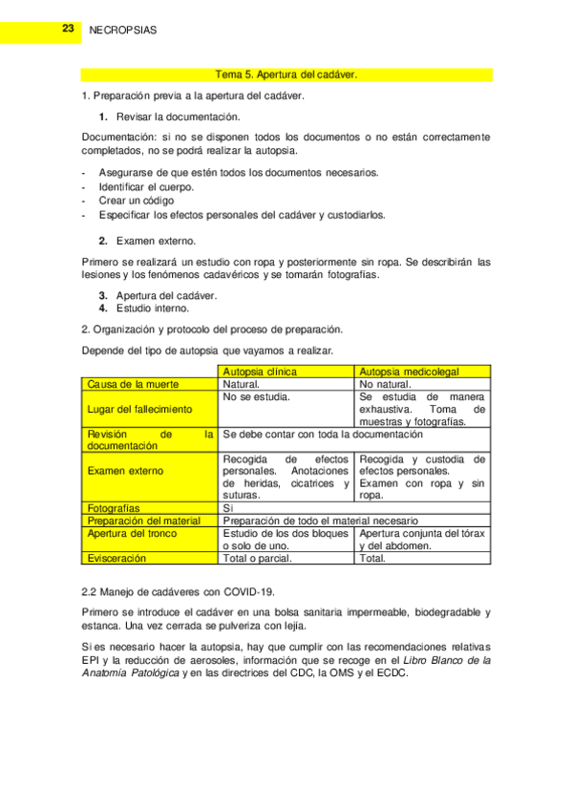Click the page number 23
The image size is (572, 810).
tap(68, 30)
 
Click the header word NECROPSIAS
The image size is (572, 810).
tap(122, 31)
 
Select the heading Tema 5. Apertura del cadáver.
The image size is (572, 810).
tap(286, 75)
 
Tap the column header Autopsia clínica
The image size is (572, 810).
tap(259, 371)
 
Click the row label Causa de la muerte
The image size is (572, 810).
tap(133, 384)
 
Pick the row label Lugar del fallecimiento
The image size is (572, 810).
tap(139, 409)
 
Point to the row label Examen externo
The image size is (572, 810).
tap(125, 471)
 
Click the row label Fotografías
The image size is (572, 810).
tap(114, 508)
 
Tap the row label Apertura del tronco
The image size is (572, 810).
tap(133, 533)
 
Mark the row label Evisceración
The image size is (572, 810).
tap(117, 558)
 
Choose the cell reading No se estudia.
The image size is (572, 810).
tap(256, 395)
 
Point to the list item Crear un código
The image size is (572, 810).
tap(136, 201)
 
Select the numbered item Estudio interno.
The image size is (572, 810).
tap(153, 309)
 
